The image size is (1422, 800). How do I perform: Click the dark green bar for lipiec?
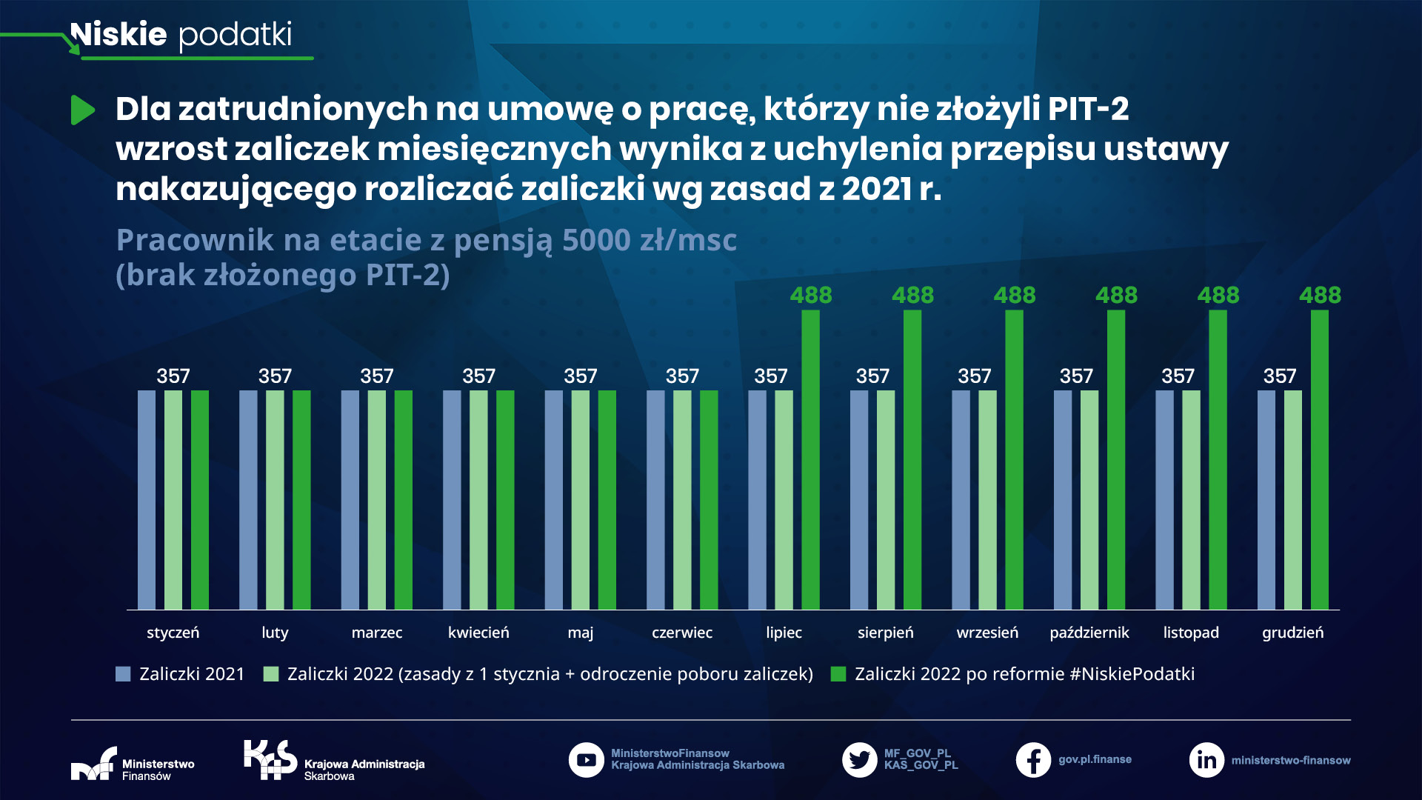point(810,459)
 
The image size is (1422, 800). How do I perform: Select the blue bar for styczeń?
point(147,500)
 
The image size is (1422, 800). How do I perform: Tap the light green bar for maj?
point(580,500)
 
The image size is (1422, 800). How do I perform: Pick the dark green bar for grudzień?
point(1319,459)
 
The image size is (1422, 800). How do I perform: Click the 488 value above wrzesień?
point(1014,295)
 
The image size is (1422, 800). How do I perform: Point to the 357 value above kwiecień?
point(478,376)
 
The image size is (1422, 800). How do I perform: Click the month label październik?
point(1089,633)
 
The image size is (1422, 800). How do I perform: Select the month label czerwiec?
point(681,633)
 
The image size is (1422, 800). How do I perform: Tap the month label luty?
point(275,633)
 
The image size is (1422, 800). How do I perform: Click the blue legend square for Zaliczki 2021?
point(123,674)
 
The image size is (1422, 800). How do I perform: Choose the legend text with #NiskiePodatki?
point(1024,674)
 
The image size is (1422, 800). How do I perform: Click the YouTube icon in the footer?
point(586,760)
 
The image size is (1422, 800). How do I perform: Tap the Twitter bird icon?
point(859,760)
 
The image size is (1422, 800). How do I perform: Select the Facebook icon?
point(1033,760)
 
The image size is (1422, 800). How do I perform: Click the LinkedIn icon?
point(1206,760)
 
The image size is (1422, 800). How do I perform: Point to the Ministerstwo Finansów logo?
point(94,764)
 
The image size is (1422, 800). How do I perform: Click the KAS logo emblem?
point(270,759)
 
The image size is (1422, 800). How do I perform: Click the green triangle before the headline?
point(82,110)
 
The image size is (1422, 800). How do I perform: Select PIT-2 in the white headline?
point(1088,109)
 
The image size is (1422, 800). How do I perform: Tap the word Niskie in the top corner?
point(118,35)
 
